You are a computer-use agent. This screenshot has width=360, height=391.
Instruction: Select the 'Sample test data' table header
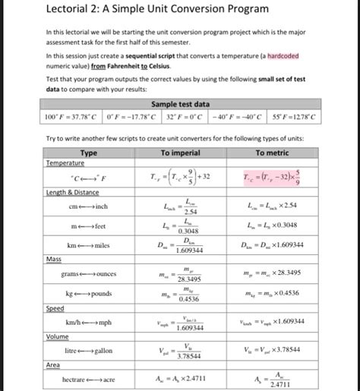[x=180, y=104]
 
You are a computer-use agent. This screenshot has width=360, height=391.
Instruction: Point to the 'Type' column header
[x=88, y=153]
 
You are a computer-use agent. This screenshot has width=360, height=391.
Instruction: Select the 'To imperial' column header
[x=180, y=153]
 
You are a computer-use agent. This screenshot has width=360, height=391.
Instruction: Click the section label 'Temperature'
[x=65, y=162]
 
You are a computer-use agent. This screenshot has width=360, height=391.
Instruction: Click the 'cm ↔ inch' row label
[x=89, y=207]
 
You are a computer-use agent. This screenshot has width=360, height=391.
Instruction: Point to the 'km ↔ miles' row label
[x=89, y=244]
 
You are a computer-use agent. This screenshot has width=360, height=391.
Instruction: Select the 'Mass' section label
[x=54, y=259]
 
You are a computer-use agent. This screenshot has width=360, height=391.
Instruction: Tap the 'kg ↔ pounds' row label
[x=89, y=293]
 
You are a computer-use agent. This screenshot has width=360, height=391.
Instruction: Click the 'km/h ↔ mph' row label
[x=89, y=322]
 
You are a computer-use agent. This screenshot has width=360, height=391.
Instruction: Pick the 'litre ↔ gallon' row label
[x=89, y=350]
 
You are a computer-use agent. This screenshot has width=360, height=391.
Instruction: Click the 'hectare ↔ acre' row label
[x=89, y=378]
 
